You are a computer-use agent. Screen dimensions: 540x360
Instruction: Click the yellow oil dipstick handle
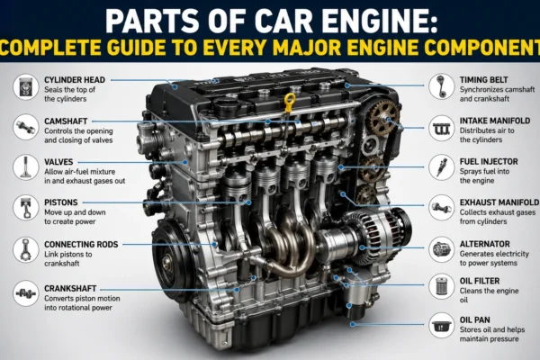pyautogui.click(x=290, y=100)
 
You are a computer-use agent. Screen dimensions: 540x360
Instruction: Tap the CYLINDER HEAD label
pyautogui.click(x=75, y=80)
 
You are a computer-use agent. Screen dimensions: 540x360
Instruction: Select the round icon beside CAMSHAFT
pyautogui.click(x=26, y=128)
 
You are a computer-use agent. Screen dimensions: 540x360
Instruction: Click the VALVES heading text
pyautogui.click(x=58, y=162)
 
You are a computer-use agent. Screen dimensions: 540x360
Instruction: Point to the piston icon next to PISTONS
pyautogui.click(x=26, y=208)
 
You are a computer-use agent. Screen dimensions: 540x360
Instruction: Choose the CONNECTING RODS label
pyautogui.click(x=81, y=244)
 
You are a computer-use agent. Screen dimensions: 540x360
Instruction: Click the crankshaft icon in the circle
pyautogui.click(x=26, y=293)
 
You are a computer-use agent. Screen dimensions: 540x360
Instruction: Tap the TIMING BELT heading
pyautogui.click(x=484, y=80)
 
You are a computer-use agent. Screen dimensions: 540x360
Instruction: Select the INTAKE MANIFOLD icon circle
pyautogui.click(x=442, y=128)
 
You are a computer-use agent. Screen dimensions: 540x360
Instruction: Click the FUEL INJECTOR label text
pyautogui.click(x=489, y=162)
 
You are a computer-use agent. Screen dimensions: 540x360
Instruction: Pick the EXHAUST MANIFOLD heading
pyautogui.click(x=499, y=202)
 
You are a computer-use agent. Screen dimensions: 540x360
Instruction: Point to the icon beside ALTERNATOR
pyautogui.click(x=442, y=249)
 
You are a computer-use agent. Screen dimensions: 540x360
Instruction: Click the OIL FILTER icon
pyautogui.click(x=442, y=286)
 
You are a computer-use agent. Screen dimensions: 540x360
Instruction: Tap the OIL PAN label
pyautogui.click(x=475, y=320)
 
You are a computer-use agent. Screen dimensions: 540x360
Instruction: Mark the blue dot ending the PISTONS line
pyautogui.click(x=248, y=202)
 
